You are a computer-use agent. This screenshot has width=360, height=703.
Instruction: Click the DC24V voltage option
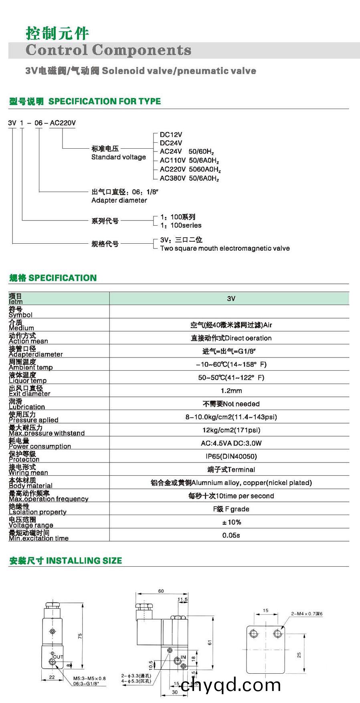(171, 143)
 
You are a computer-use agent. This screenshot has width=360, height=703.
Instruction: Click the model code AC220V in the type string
(63, 123)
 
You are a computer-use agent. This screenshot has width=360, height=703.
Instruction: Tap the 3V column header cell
(231, 299)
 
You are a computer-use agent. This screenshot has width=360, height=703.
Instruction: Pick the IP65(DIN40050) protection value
(231, 456)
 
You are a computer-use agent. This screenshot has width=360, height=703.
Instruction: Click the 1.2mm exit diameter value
(231, 390)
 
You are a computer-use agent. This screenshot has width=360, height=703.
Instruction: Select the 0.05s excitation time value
(231, 535)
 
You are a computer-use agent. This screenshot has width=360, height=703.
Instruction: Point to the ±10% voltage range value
(231, 522)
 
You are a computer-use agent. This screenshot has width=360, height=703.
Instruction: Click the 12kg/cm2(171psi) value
(231, 430)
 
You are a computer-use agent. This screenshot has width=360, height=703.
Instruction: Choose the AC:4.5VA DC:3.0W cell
(231, 443)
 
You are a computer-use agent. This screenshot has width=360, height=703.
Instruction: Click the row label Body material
(30, 485)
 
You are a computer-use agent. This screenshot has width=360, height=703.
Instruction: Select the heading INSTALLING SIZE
(84, 560)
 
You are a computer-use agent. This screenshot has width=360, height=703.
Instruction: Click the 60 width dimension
(161, 591)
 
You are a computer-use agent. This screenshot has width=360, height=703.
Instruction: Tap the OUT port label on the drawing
(58, 657)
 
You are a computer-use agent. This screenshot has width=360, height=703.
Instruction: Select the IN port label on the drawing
(183, 657)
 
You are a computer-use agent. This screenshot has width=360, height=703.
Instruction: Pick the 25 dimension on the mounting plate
(299, 655)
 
